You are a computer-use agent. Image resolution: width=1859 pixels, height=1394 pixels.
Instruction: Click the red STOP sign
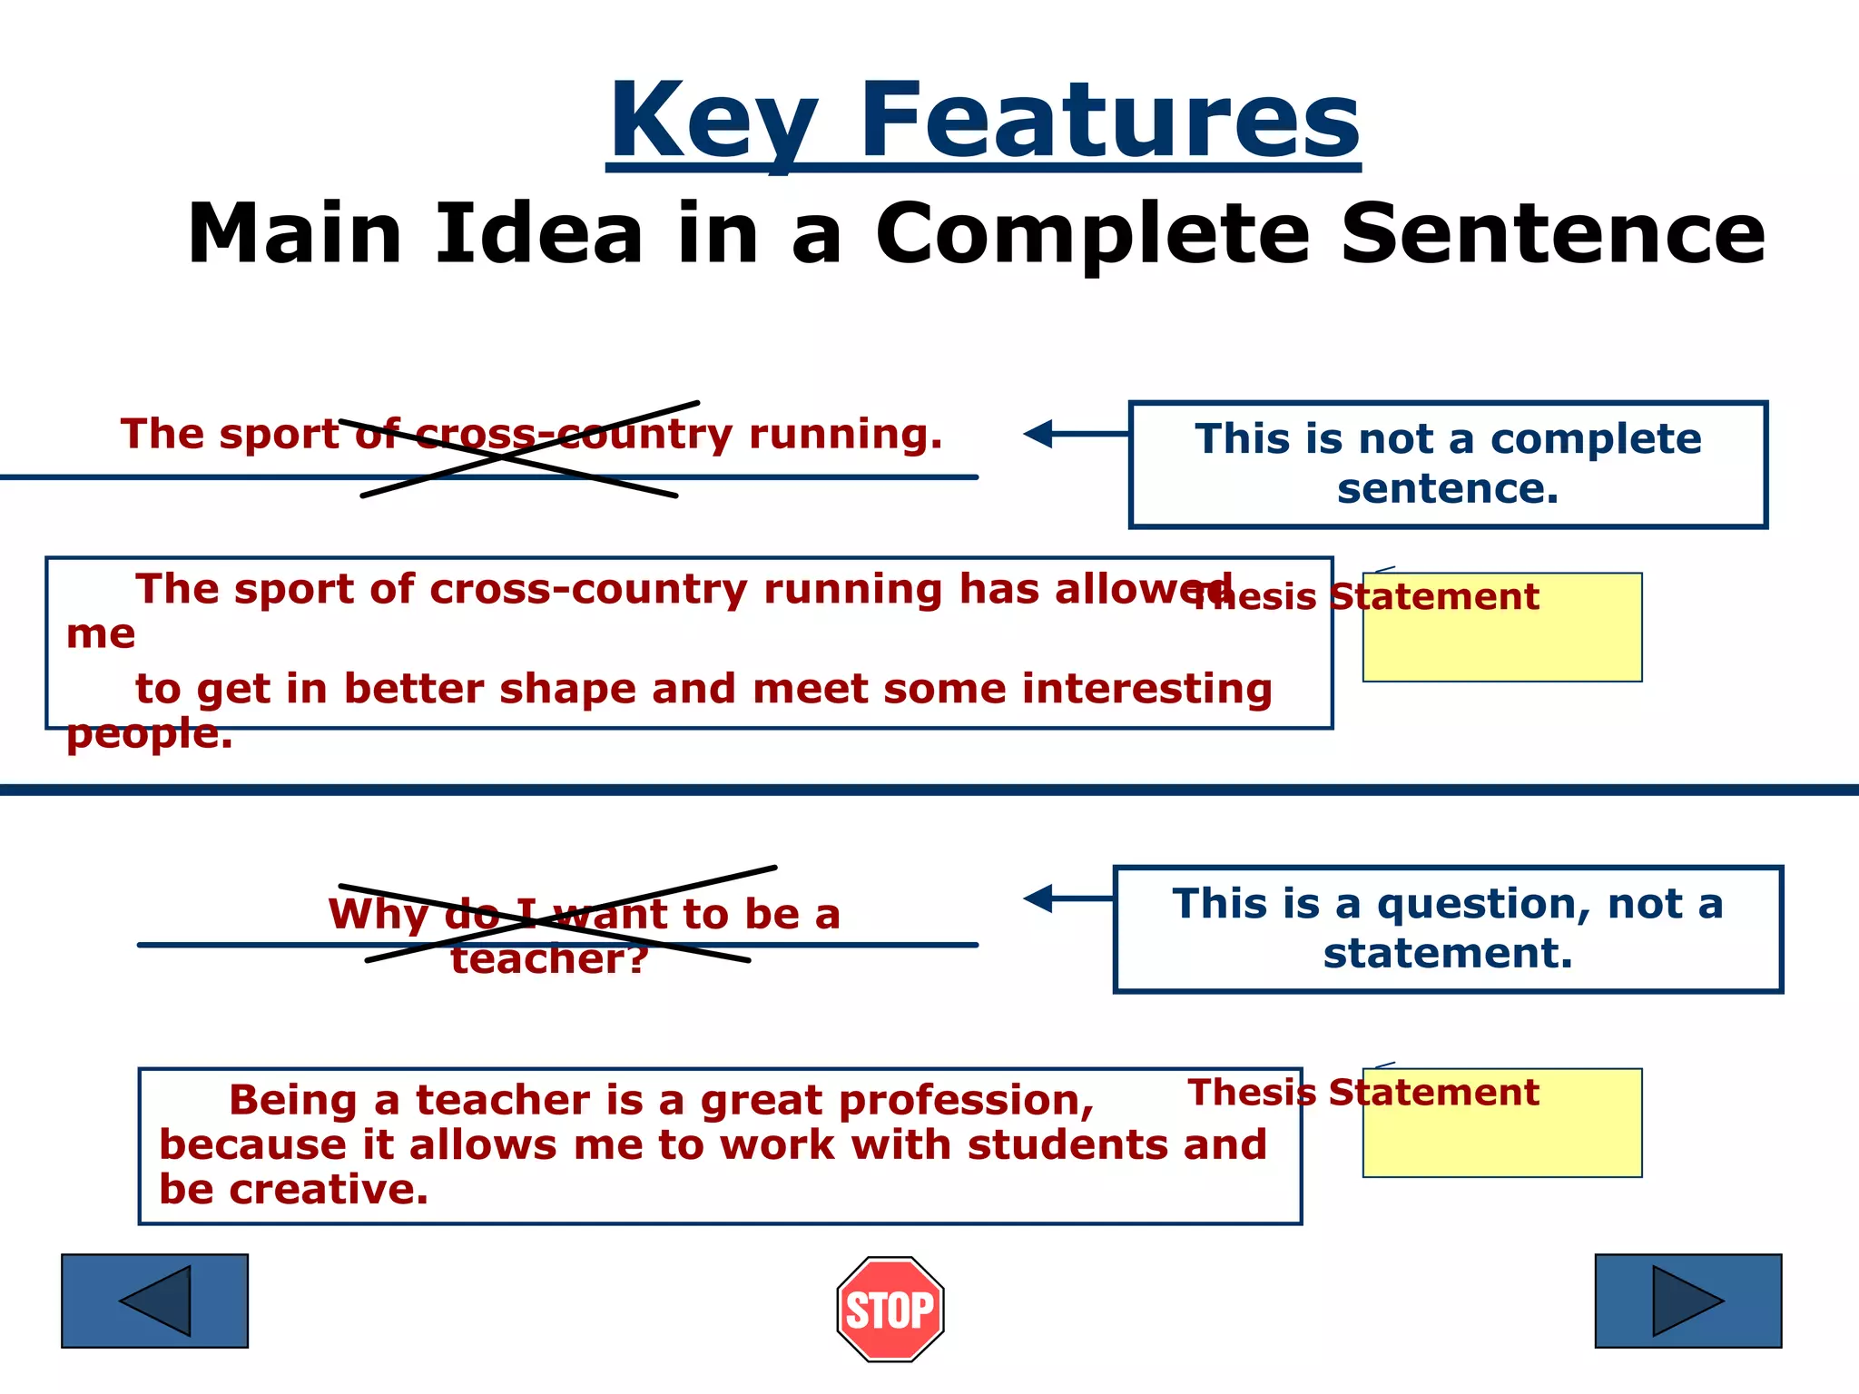click(890, 1309)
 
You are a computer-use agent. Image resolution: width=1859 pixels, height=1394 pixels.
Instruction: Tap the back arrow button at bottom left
click(154, 1301)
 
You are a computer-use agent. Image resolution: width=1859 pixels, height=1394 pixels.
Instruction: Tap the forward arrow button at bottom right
click(1688, 1301)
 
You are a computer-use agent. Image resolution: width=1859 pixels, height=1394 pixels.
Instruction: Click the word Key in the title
click(713, 123)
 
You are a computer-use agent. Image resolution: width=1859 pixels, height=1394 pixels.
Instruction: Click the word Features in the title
click(1109, 123)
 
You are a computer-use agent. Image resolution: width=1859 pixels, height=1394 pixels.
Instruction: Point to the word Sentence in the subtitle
click(1552, 234)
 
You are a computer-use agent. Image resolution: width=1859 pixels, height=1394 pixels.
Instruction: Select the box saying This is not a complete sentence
click(1448, 464)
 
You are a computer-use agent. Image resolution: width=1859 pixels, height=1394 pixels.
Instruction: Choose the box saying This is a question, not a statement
click(1448, 928)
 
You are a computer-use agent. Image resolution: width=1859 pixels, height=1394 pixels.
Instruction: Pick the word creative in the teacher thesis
click(328, 1190)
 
